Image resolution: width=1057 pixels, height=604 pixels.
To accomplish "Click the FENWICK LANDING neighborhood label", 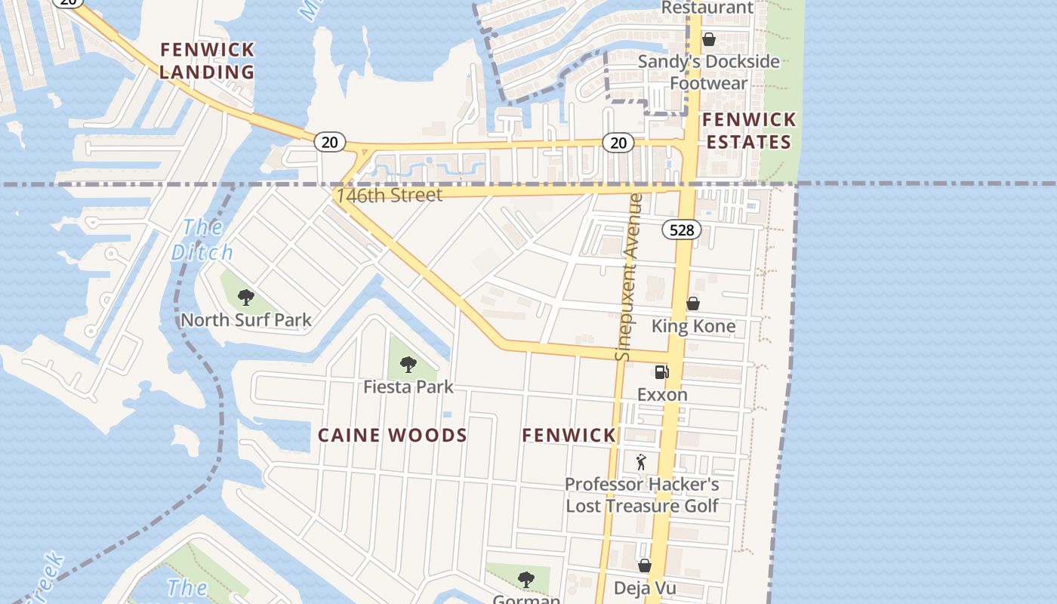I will (208, 61).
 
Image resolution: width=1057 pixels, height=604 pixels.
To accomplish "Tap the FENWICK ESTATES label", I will (748, 131).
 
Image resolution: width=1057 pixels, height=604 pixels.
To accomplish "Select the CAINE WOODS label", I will (393, 436).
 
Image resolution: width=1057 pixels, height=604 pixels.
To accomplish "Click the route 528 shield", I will (682, 230).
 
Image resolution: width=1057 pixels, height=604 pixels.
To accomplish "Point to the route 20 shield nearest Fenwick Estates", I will (618, 143).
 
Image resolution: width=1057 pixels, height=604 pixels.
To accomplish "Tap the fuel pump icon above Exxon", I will (661, 371).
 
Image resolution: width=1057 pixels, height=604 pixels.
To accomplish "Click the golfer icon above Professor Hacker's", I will (642, 461).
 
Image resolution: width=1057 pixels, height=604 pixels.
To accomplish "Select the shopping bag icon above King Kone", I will (692, 304).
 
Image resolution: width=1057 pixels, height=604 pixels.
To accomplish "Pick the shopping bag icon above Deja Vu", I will (645, 565).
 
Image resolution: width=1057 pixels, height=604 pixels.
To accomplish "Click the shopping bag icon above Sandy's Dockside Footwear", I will (708, 39).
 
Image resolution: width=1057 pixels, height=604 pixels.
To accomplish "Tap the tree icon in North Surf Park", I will (245, 297).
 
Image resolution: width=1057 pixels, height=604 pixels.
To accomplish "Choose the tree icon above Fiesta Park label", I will (408, 365).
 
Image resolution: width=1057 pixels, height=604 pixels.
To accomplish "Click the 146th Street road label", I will (389, 195).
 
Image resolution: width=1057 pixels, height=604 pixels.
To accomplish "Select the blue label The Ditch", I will (196, 239).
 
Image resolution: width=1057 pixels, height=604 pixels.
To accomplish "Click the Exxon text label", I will (662, 395).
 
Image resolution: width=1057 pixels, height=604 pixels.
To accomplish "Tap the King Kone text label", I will (693, 326).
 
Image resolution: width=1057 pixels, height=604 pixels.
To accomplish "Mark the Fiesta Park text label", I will (408, 387).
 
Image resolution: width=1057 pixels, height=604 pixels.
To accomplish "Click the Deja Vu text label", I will (644, 588).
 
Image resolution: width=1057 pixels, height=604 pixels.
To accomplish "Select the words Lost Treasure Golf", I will (643, 506).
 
